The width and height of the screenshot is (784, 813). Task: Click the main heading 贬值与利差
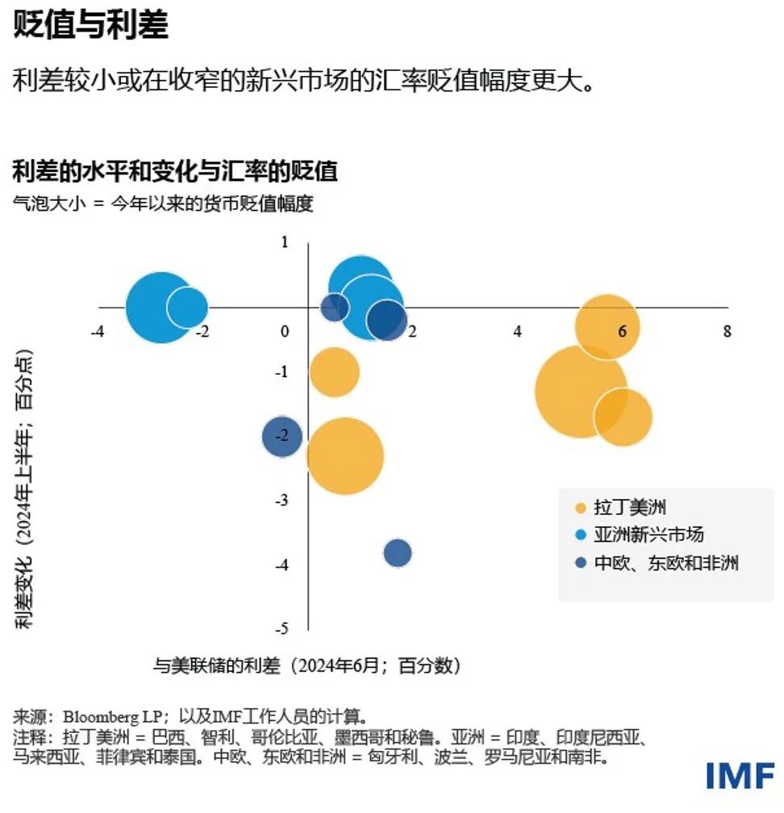pyautogui.click(x=90, y=26)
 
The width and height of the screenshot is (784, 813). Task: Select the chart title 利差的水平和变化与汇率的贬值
pyautogui.click(x=174, y=171)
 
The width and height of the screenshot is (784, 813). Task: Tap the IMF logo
pyautogui.click(x=740, y=775)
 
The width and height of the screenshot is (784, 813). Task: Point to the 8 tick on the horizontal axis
pyautogui.click(x=727, y=331)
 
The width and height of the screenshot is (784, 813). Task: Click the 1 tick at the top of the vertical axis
pyautogui.click(x=283, y=241)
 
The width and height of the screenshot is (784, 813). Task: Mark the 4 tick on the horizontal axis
pyautogui.click(x=517, y=331)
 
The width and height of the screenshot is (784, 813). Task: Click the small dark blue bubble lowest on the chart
pyautogui.click(x=398, y=553)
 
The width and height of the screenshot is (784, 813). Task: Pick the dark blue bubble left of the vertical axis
pyautogui.click(x=281, y=437)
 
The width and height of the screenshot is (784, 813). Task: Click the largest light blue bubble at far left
pyautogui.click(x=161, y=308)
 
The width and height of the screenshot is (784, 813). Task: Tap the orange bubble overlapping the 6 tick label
pyautogui.click(x=607, y=327)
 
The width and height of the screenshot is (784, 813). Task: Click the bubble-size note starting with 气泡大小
pyautogui.click(x=162, y=203)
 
